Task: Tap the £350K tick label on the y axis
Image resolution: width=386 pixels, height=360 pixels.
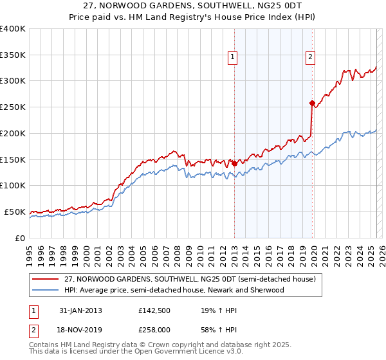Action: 13,55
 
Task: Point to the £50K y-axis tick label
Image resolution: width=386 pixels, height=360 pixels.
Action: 15,212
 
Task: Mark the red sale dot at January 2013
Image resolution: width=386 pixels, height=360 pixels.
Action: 234,163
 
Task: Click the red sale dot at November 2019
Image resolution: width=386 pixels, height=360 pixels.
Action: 312,103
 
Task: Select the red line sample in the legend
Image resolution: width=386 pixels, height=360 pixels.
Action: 46,280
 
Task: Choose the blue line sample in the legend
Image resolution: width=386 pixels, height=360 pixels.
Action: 46,290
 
